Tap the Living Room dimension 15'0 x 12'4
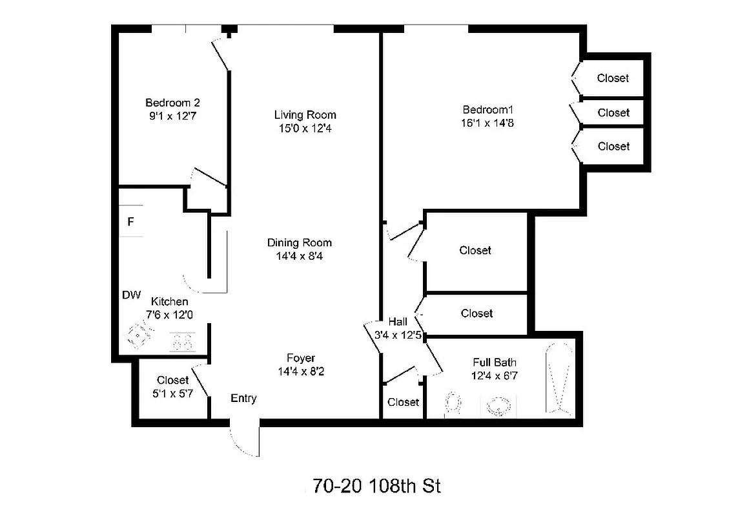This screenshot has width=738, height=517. [305, 129]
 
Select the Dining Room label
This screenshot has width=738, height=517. [300, 243]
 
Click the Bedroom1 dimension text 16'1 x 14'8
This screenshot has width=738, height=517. [487, 123]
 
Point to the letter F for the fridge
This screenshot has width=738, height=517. [130, 222]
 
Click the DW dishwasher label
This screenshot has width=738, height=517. [131, 295]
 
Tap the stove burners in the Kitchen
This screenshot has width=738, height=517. [182, 341]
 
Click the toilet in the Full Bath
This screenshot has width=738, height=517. [455, 404]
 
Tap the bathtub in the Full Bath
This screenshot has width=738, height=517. [557, 380]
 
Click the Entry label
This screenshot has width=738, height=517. [243, 399]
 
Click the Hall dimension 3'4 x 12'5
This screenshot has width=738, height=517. [397, 335]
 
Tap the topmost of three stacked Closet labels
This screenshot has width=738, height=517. [613, 78]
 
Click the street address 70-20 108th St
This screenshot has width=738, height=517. [376, 486]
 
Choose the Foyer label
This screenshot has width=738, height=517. [301, 358]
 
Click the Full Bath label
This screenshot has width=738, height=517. [495, 363]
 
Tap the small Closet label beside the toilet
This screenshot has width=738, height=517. [403, 402]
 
